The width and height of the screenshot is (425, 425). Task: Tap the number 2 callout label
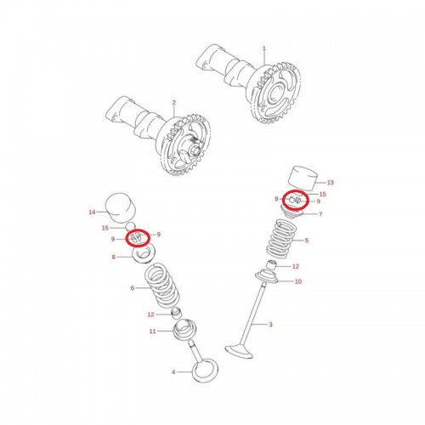173,102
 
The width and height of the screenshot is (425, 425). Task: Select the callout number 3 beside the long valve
270,325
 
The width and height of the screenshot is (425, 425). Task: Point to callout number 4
173,372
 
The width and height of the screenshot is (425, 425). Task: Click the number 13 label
331,183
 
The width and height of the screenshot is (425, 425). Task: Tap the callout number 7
320,214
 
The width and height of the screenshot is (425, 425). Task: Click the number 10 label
297,281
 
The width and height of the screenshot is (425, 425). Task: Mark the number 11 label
152,331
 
